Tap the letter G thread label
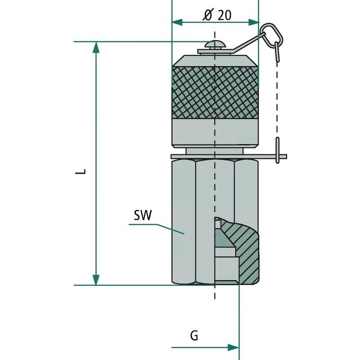click(193, 335)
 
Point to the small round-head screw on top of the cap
click(215, 45)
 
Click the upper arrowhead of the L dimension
click(96, 47)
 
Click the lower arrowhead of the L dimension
click(96, 279)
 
